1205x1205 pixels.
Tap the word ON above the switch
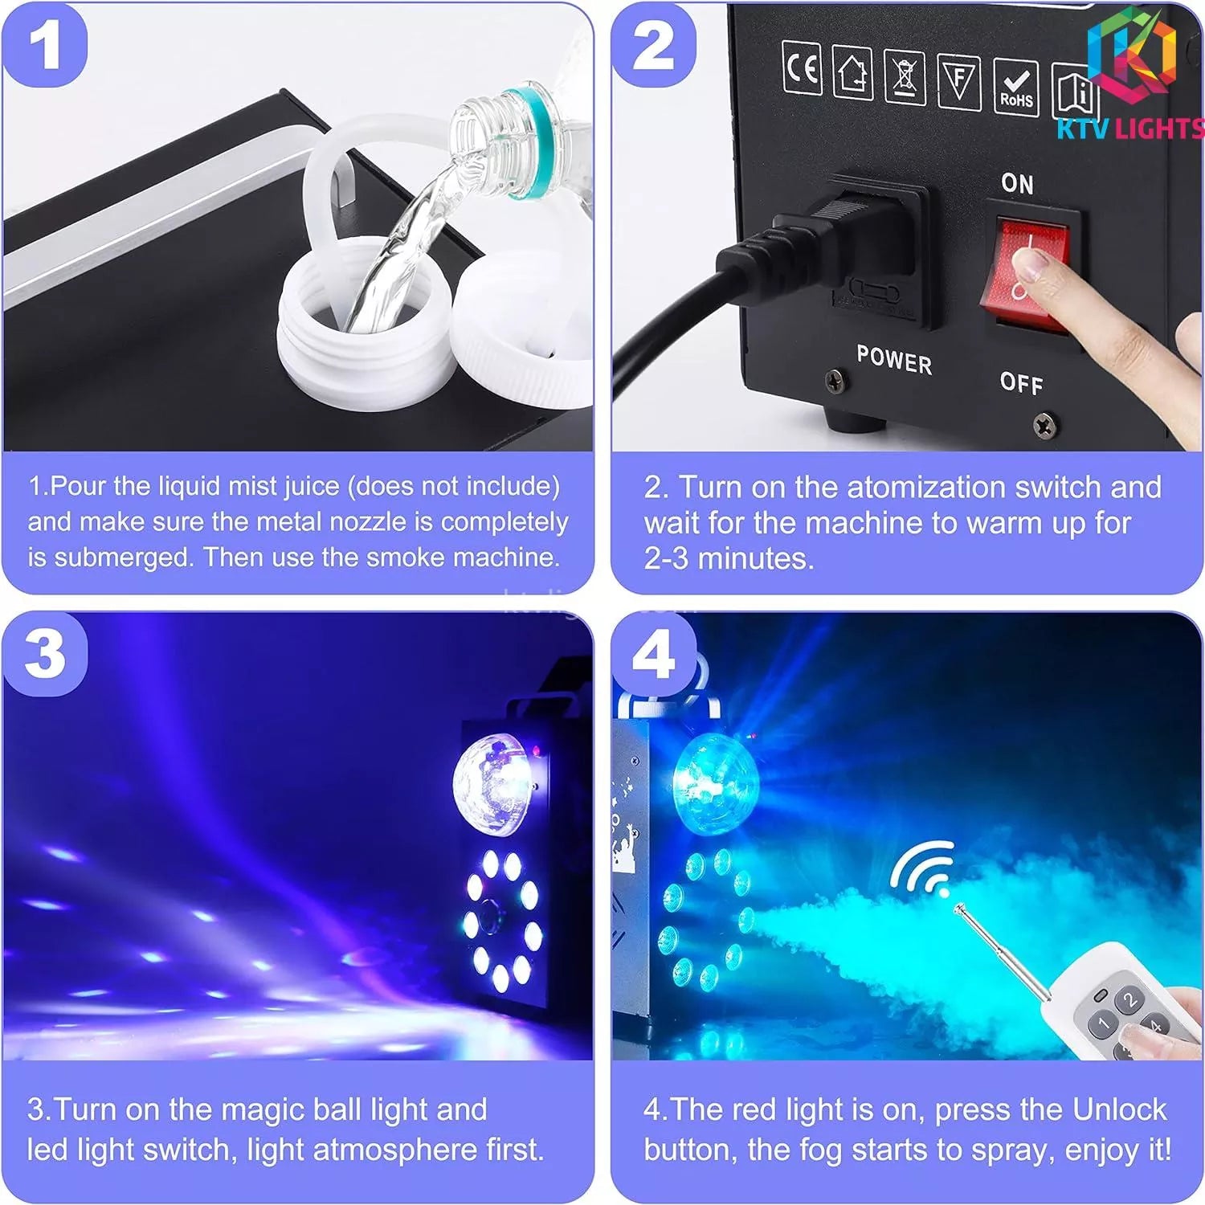tap(1017, 184)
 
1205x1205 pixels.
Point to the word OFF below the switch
tap(1022, 382)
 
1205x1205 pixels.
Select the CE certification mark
tap(802, 68)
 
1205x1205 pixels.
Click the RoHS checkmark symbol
tap(1016, 86)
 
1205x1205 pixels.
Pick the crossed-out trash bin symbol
tap(905, 77)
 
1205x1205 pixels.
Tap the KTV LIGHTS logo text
tap(1130, 129)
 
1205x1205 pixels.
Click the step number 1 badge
tap(45, 45)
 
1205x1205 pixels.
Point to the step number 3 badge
tap(45, 653)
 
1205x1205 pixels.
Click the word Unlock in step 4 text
tap(1119, 1109)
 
